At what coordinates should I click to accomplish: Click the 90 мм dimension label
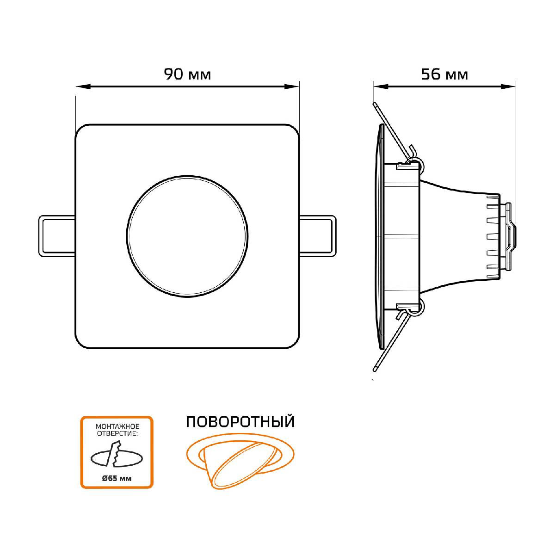click(187, 74)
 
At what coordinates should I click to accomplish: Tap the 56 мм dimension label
click(444, 74)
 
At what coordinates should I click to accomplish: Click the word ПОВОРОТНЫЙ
click(240, 422)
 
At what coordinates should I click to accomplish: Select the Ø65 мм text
click(117, 478)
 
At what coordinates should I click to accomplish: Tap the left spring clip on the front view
click(57, 236)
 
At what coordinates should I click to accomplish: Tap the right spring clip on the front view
click(318, 236)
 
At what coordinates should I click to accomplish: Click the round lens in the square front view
click(187, 236)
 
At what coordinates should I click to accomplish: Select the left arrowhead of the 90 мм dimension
click(84, 86)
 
